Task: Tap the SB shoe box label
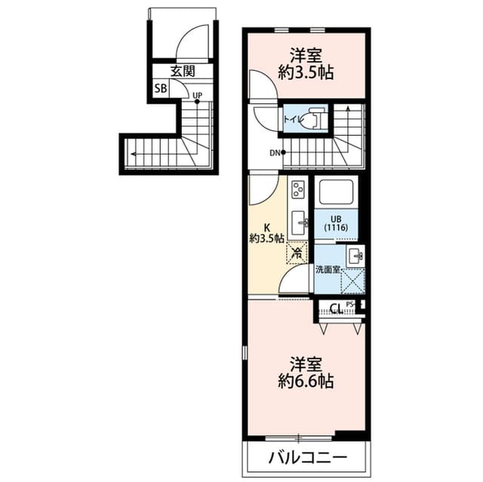point(160,89)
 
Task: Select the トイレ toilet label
point(293,118)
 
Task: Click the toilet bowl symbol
point(314,119)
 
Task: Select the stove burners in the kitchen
point(297,189)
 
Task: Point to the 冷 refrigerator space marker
point(297,253)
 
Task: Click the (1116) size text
point(335,227)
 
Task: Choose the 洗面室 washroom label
point(327,269)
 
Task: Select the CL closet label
point(337,308)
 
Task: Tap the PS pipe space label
point(350,304)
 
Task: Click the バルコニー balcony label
point(307,458)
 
